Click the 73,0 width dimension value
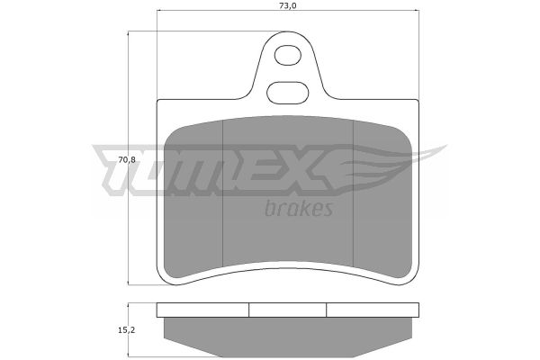(288, 5)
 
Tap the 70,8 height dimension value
(127, 160)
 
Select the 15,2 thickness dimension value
(127, 330)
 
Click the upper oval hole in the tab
(288, 55)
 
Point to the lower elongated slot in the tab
(288, 93)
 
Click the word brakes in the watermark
(299, 208)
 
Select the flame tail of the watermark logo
(392, 166)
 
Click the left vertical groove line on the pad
(223, 193)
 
